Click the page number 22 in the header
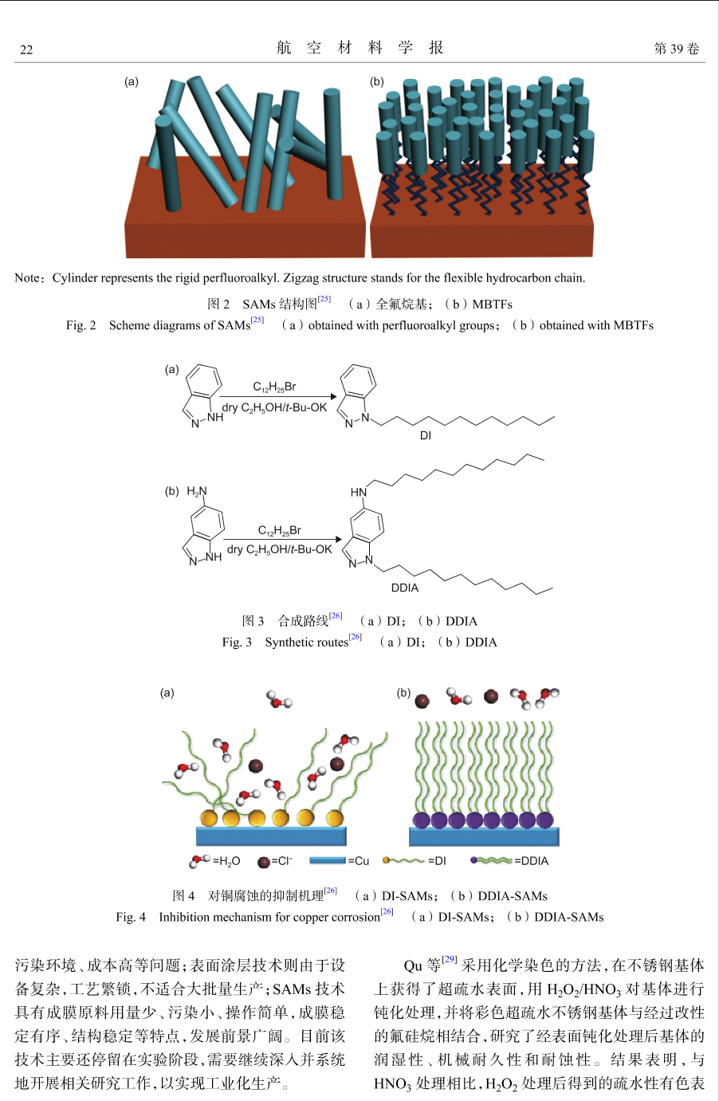tap(26, 49)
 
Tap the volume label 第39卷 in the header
tap(676, 48)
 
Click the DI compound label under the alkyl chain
tap(426, 435)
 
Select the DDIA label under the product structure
tap(404, 588)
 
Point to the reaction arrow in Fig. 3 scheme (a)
tap(278, 396)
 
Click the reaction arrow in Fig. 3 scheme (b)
tap(283, 539)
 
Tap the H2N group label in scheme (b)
tap(197, 491)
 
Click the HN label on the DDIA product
tap(359, 492)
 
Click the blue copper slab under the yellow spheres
tap(271, 836)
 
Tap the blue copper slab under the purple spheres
tap(484, 836)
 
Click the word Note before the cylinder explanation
tap(26, 277)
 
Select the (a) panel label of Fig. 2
tap(132, 81)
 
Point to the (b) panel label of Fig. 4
tap(403, 693)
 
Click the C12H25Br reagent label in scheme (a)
tap(274, 387)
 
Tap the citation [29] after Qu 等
tap(450, 959)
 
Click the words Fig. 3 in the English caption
tap(237, 643)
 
